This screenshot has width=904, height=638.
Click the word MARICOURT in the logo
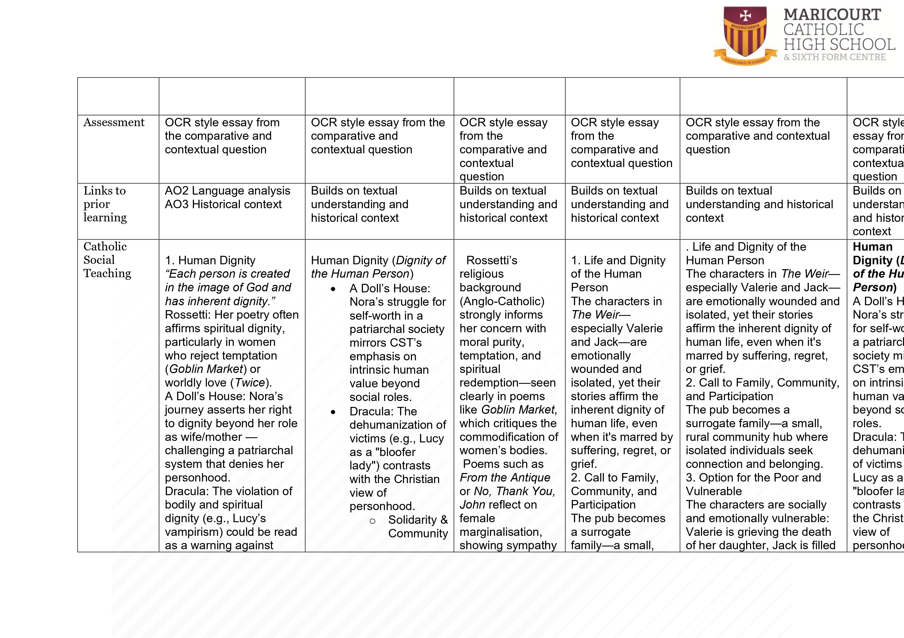(832, 15)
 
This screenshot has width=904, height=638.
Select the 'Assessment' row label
(114, 122)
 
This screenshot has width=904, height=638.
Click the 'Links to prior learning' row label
(105, 204)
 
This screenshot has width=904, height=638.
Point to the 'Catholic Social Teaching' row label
(107, 260)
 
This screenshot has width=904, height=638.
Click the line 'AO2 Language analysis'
(227, 191)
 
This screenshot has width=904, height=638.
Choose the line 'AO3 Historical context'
(223, 204)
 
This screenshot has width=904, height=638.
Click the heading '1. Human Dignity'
(210, 260)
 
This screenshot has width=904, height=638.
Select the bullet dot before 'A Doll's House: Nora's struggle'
(333, 289)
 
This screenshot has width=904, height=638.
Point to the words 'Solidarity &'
(418, 520)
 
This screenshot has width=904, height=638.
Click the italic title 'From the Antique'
(505, 477)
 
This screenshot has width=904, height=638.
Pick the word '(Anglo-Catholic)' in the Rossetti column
(502, 301)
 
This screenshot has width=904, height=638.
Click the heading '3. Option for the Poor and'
(753, 477)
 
